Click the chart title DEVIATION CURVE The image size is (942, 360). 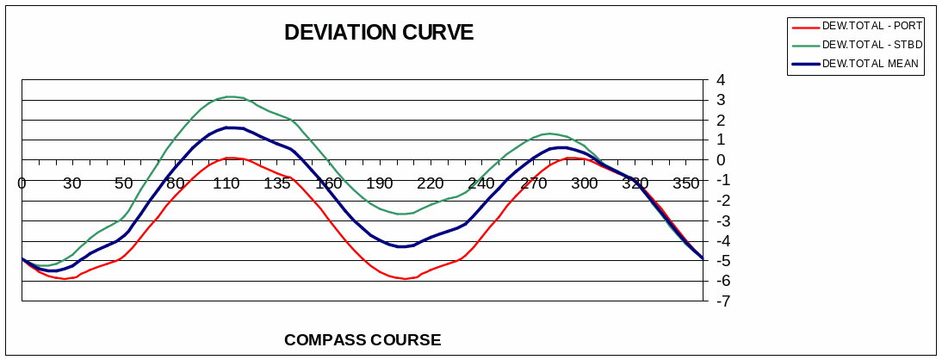[x=379, y=33]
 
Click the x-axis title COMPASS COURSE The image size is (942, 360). [x=363, y=339]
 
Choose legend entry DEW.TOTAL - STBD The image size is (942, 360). [x=871, y=44]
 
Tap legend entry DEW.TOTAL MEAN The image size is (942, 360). [x=870, y=63]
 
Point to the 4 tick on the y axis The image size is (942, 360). [x=721, y=80]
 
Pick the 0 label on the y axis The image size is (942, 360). [x=721, y=160]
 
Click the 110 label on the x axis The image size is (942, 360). [x=226, y=183]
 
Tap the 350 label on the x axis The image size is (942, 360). [x=686, y=183]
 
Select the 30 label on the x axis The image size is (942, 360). [x=72, y=183]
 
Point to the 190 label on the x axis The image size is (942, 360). [x=379, y=183]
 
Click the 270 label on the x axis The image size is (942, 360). [x=534, y=183]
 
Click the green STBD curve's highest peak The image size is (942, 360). [x=230, y=96]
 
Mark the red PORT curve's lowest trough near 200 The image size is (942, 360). [x=404, y=278]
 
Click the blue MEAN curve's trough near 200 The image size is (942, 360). [x=402, y=246]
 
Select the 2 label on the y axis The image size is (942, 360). [x=721, y=120]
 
